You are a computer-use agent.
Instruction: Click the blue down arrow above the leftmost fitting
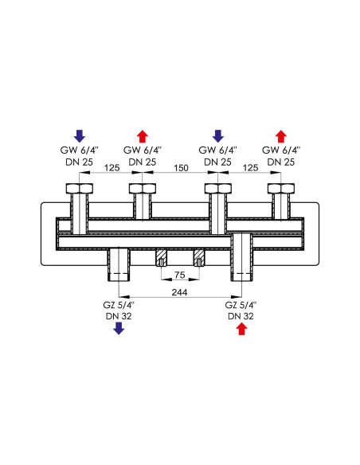click(80, 136)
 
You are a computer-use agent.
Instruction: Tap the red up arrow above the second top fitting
click(143, 136)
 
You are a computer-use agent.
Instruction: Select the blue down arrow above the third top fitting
click(218, 136)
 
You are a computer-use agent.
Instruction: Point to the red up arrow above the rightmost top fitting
click(281, 136)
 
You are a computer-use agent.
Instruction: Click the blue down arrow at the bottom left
click(119, 328)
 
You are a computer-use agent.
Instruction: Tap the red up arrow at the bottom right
click(241, 329)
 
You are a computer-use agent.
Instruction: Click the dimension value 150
click(181, 168)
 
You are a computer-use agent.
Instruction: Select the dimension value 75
click(180, 275)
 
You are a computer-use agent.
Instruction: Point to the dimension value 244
click(180, 292)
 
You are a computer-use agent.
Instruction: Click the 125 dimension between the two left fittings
click(112, 168)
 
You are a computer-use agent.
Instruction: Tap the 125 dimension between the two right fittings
click(251, 168)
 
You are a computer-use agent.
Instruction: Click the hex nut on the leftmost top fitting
click(80, 189)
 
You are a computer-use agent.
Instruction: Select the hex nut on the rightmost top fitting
click(281, 189)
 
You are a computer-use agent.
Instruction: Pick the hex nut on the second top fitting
click(143, 189)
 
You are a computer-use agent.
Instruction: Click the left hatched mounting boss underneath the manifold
click(162, 258)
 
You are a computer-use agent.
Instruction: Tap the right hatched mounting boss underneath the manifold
click(198, 258)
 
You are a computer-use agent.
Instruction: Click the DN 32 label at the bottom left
click(119, 316)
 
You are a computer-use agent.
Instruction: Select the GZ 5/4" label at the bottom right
click(241, 305)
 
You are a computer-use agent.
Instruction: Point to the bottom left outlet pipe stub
click(119, 265)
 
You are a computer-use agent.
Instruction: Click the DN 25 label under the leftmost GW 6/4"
click(79, 162)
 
